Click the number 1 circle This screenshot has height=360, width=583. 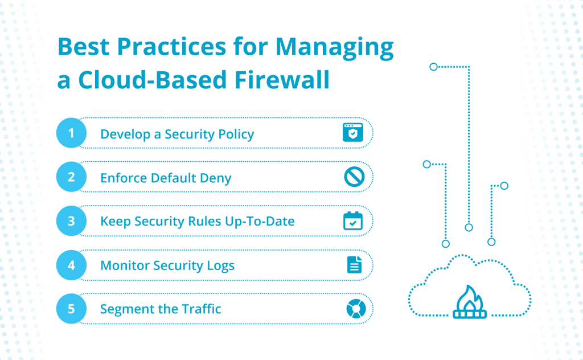[71, 133]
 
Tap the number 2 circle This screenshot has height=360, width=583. [71, 177]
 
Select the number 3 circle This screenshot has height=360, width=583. [71, 221]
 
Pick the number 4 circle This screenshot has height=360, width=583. [71, 265]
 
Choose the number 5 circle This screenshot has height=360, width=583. [71, 309]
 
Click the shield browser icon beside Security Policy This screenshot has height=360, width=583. [352, 133]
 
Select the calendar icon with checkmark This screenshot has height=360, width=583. [353, 221]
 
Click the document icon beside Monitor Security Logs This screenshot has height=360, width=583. [354, 265]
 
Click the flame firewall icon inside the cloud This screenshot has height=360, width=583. [470, 301]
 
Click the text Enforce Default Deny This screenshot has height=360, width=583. [166, 178]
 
